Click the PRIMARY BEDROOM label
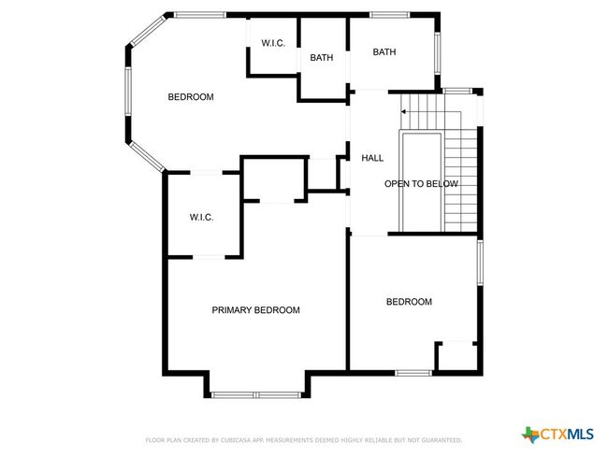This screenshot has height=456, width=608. coord(255,310)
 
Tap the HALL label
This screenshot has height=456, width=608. coord(372,158)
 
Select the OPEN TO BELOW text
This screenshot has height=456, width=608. coord(421,184)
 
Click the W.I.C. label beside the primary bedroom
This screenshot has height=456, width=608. coord(201,218)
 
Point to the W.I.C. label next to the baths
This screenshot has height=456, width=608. coord(273,43)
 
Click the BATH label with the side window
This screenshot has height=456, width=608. coord(384,52)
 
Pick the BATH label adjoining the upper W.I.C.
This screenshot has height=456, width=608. coord(322,58)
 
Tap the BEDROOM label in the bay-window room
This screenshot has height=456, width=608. coord(191,97)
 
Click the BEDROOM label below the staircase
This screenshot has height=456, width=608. coord(409,302)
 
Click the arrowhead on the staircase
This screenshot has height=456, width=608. coord(403,111)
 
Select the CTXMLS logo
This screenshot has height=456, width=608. coord(557,435)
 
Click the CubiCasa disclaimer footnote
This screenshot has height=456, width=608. coord(304,440)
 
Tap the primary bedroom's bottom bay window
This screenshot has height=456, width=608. coord(256,395)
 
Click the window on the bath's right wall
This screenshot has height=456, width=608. coord(438,53)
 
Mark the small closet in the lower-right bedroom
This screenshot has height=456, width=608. coord(457,356)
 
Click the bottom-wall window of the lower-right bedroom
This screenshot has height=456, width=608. coord(413,373)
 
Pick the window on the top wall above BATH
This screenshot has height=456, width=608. coord(389,15)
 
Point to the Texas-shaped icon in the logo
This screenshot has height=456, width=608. coord(530,435)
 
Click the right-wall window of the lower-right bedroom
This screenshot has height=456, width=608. coord(480,263)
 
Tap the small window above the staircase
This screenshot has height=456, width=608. coord(458,92)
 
